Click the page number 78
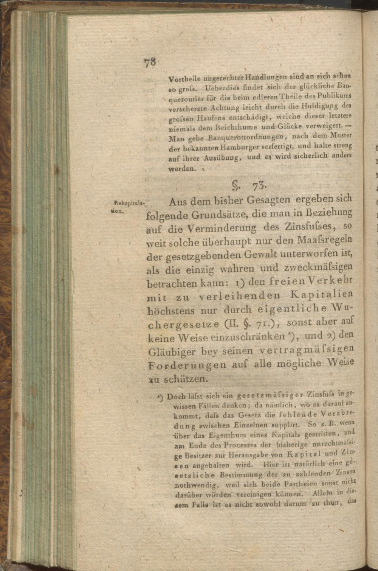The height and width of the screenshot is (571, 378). pyautogui.click(x=150, y=62)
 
